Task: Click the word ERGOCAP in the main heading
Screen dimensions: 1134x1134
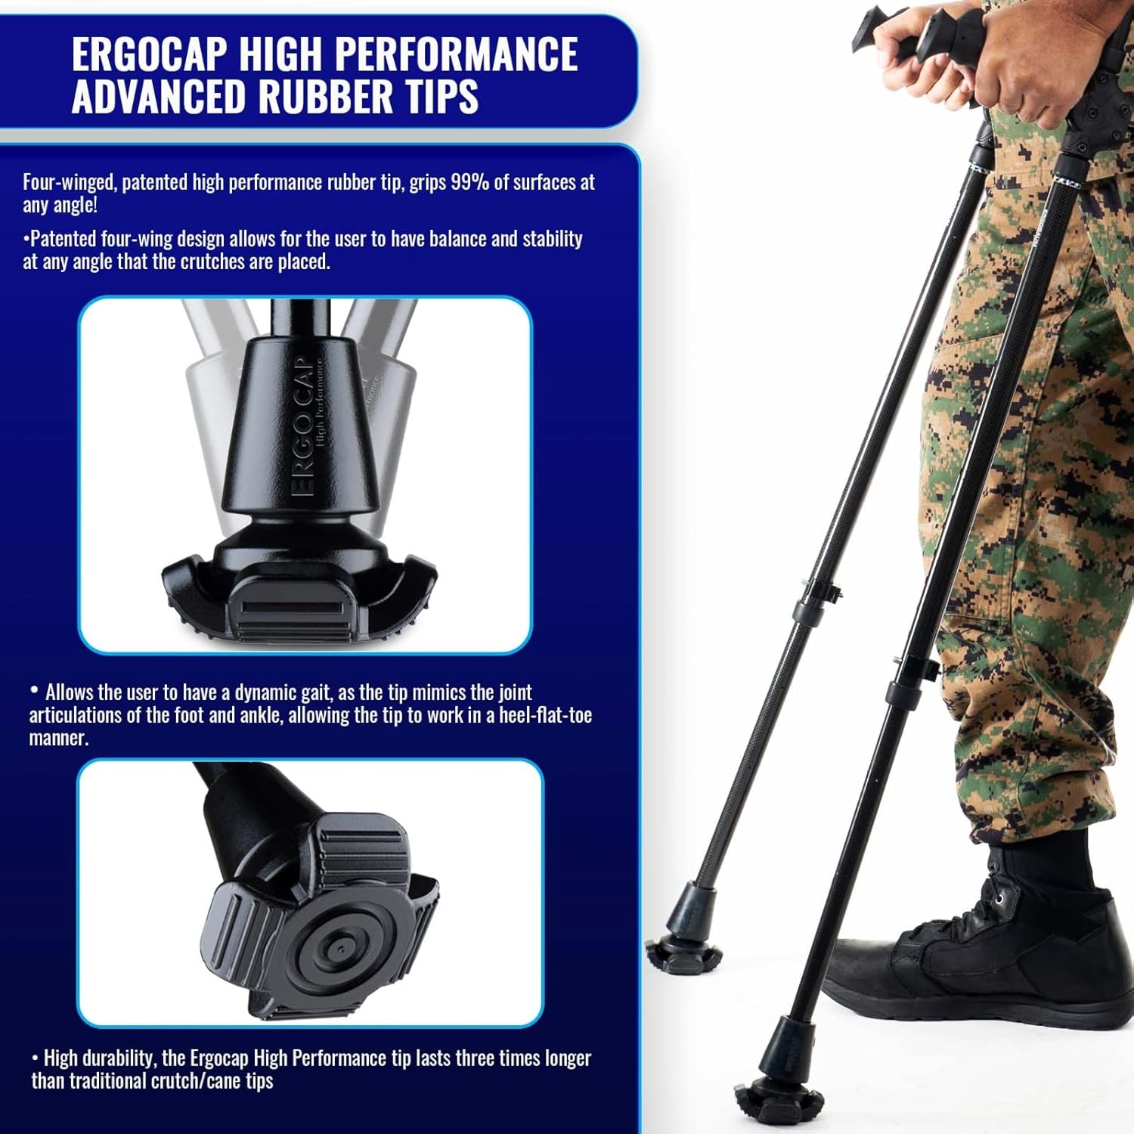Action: coord(149,54)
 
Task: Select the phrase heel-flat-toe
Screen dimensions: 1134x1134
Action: coord(545,715)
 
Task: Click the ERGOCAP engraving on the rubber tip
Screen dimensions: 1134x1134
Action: coord(302,427)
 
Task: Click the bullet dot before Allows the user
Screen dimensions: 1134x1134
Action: coord(34,690)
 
